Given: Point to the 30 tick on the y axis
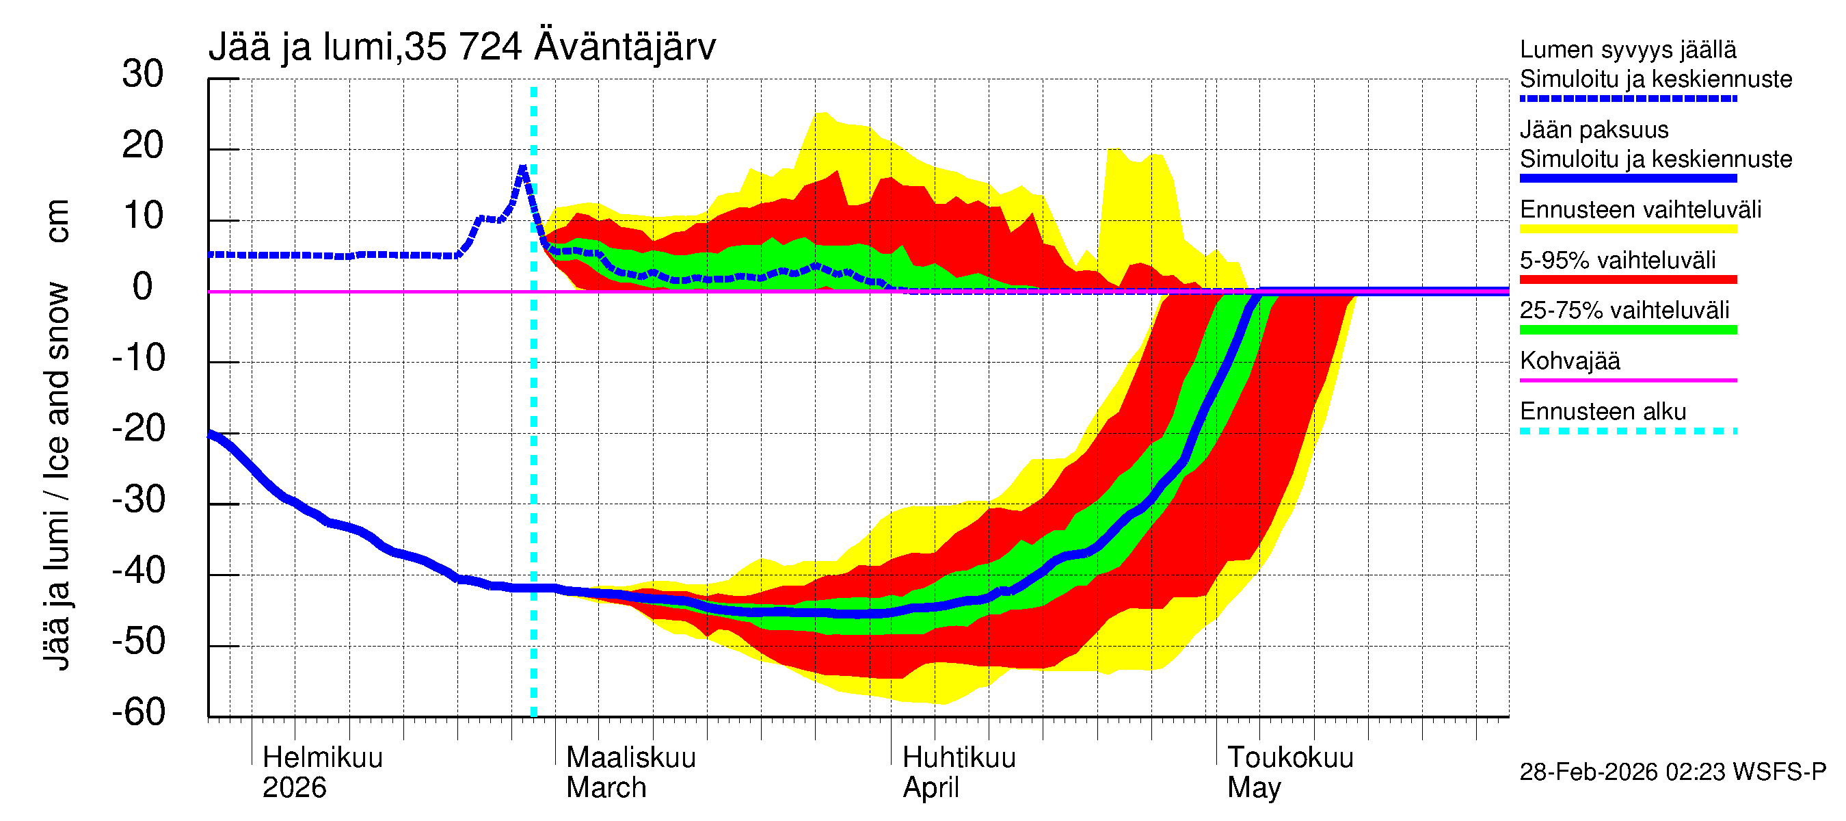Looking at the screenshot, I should (143, 75).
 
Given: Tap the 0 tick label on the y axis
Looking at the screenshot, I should (143, 287).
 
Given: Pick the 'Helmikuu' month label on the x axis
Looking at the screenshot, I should (323, 758).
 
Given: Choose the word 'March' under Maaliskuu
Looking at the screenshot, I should (606, 788).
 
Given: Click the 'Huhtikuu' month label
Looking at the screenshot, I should (959, 758).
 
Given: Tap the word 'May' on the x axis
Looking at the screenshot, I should (1254, 788).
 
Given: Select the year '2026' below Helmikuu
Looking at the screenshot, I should (295, 788).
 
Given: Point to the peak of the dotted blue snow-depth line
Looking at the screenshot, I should (523, 168).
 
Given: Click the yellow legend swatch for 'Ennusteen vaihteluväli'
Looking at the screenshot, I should (1627, 229).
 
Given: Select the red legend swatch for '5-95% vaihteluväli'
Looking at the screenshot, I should (1627, 280).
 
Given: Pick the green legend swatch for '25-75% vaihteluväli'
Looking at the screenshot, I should (1627, 330).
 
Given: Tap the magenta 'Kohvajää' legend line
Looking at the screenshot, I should (1627, 380).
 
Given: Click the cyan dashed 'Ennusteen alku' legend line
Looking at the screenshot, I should (1627, 431).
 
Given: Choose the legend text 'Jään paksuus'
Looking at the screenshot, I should (1594, 130).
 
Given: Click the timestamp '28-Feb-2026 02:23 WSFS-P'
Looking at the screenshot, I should (1672, 772).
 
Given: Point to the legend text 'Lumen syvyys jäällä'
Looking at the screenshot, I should (1628, 50).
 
